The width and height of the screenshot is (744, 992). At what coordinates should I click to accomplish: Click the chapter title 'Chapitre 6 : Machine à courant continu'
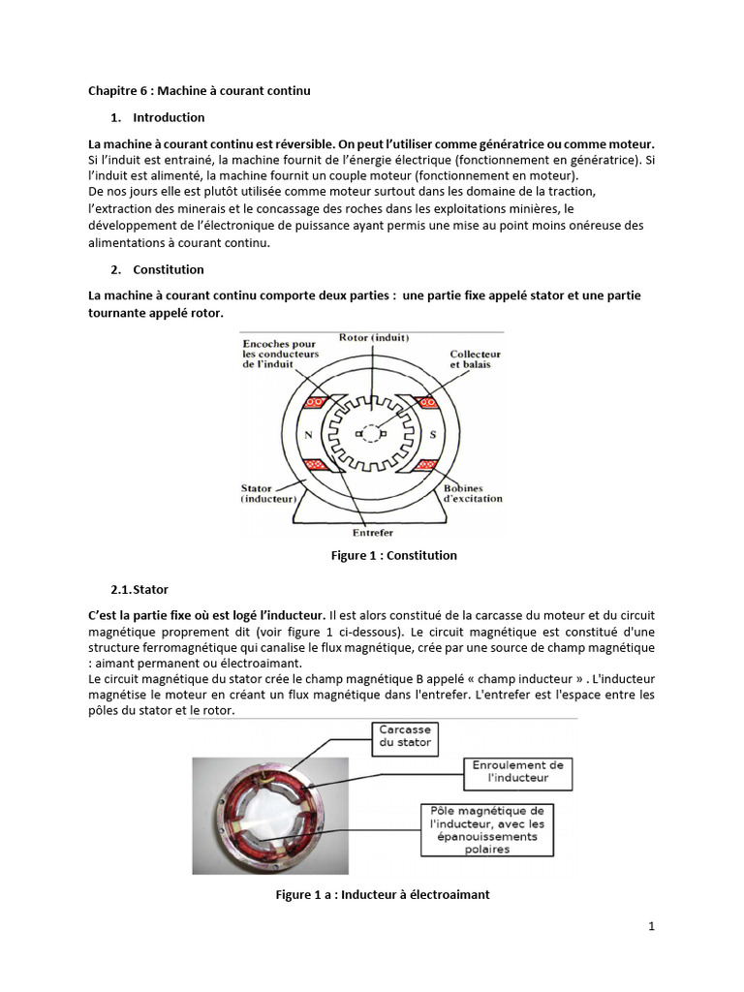[x=199, y=91]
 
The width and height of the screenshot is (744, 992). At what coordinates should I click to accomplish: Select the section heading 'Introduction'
[x=169, y=117]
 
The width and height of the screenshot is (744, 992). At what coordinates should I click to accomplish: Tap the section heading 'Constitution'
[x=169, y=269]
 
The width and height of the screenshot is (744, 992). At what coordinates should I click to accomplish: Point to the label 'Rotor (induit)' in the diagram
[x=374, y=337]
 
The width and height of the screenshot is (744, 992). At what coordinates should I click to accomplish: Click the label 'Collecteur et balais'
[x=475, y=360]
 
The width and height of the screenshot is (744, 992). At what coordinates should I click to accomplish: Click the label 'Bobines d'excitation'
[x=474, y=493]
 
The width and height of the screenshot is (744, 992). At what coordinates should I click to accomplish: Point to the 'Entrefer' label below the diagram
[x=373, y=532]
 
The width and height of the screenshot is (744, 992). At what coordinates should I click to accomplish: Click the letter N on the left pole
[x=309, y=435]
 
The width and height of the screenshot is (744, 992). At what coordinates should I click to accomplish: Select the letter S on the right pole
[x=432, y=435]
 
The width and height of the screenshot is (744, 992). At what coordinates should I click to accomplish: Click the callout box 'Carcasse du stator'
[x=406, y=737]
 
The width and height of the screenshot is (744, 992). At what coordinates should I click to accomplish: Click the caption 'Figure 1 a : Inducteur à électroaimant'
[x=383, y=894]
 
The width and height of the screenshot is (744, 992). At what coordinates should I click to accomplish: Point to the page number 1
[x=652, y=926]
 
